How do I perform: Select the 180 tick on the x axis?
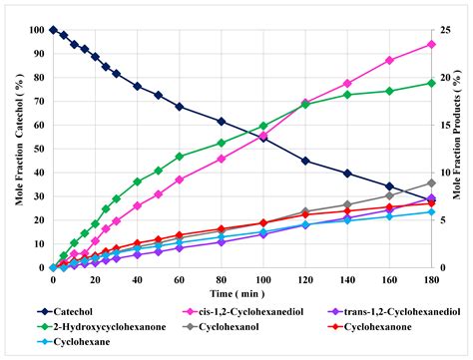[x=431, y=280]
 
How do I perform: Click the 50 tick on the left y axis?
[x=39, y=149]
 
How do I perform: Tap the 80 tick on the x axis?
[x=222, y=280]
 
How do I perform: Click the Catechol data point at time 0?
[x=53, y=30]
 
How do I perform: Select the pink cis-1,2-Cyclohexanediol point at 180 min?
[x=431, y=44]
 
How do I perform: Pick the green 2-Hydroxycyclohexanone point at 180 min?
[x=431, y=83]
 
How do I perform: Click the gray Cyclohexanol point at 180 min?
[x=431, y=182]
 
